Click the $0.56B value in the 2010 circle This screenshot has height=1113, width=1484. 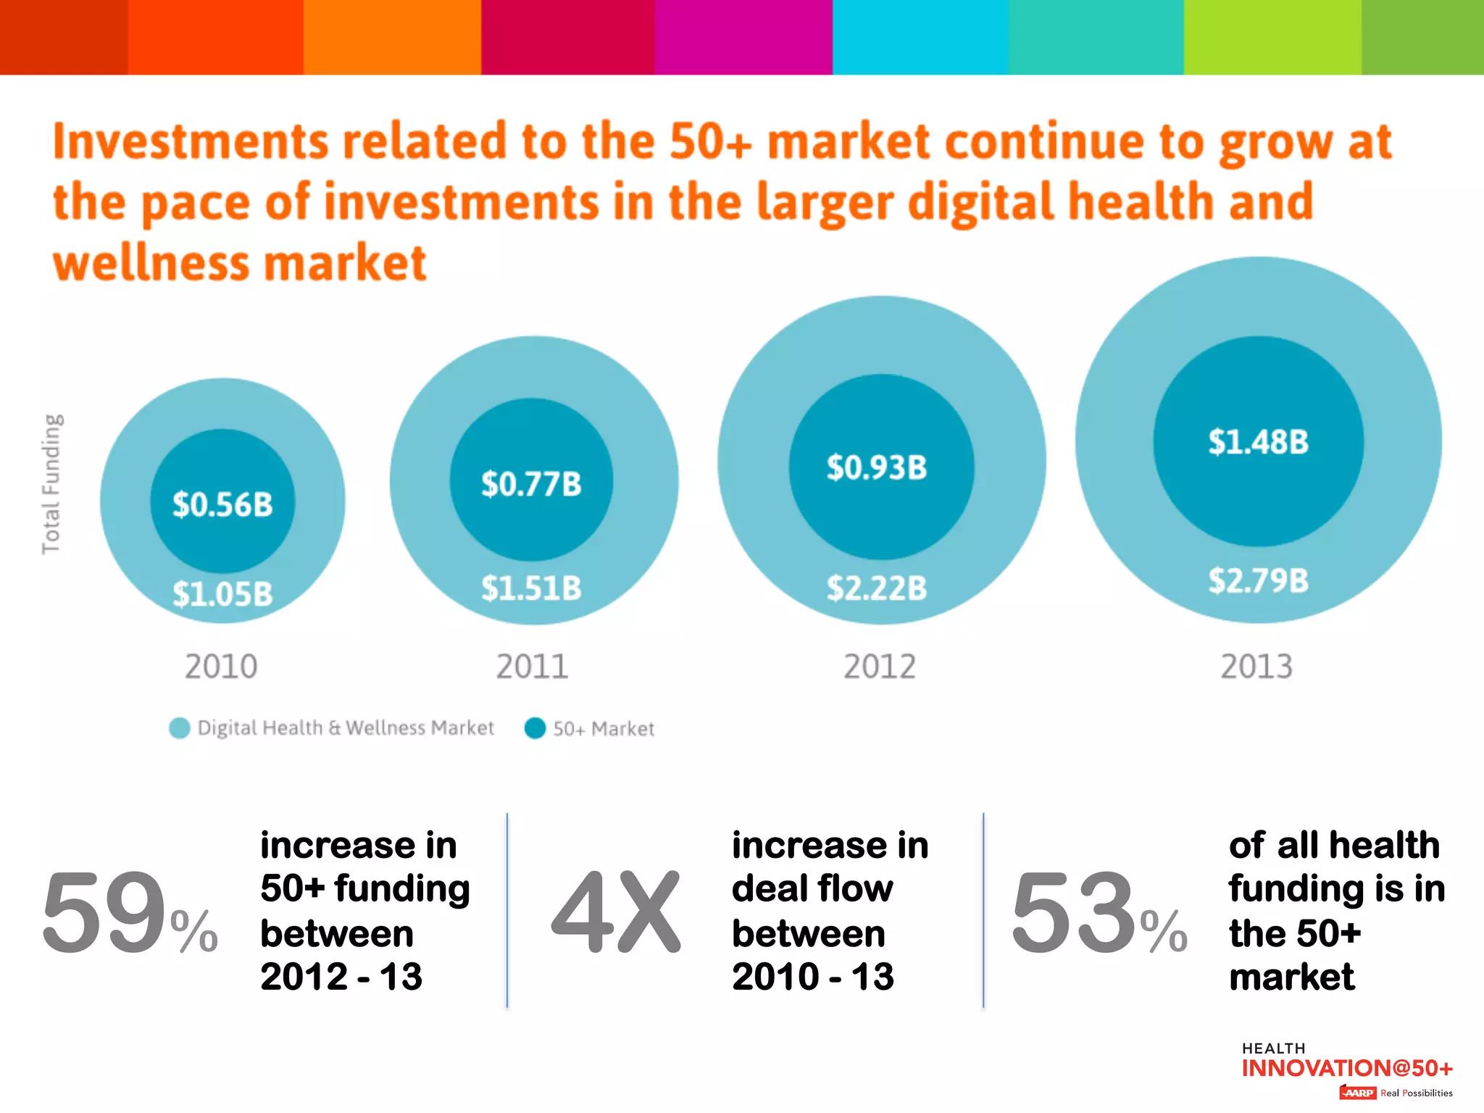(x=222, y=504)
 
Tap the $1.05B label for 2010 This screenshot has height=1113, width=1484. (x=222, y=594)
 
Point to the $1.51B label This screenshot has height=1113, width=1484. (x=531, y=588)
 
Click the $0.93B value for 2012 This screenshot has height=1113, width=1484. (x=877, y=467)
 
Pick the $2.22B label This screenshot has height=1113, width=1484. (x=877, y=588)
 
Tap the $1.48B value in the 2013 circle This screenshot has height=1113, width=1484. (x=1258, y=442)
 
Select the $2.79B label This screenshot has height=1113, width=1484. (x=1258, y=581)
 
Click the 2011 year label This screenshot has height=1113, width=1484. (x=532, y=667)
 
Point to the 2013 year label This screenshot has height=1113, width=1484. (x=1256, y=667)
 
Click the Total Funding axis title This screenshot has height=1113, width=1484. (x=51, y=484)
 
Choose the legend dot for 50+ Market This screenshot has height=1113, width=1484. (x=535, y=728)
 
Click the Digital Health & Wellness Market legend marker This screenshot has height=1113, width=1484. (x=179, y=728)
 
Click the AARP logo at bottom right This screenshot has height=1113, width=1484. (x=1357, y=1093)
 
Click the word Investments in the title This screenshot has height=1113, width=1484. (x=191, y=141)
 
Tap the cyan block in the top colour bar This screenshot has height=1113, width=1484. (x=920, y=37)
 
